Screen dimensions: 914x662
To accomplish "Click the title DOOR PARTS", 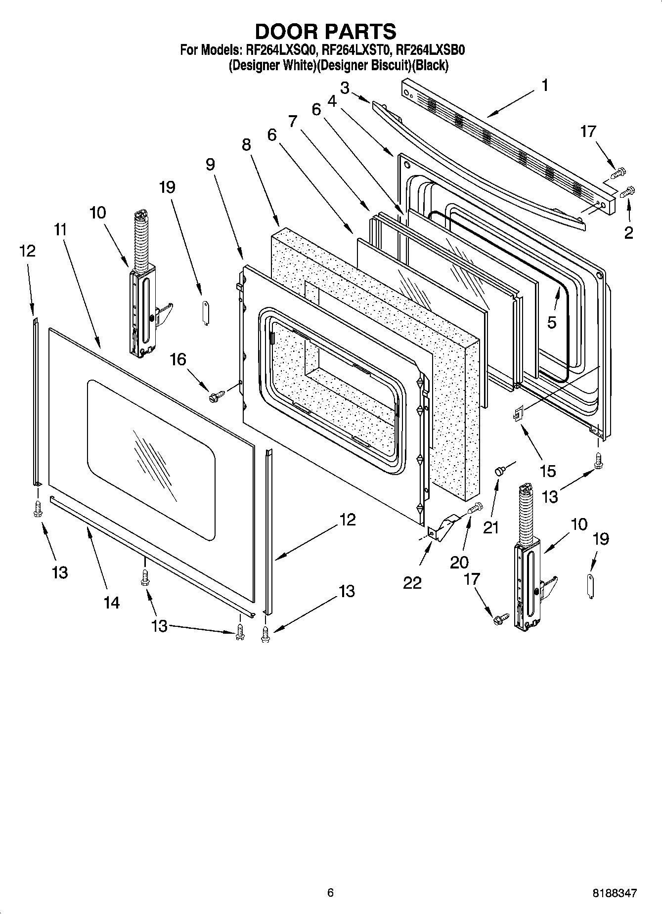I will (x=325, y=31).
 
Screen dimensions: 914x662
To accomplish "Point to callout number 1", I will (x=544, y=86).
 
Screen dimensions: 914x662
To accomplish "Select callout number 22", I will (x=412, y=582).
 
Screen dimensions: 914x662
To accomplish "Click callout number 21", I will (x=491, y=528).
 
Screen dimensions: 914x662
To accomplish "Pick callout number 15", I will (x=548, y=471).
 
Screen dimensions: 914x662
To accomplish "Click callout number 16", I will (x=178, y=359).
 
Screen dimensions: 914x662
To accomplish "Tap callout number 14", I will (x=112, y=602).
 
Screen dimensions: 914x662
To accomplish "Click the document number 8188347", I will (x=615, y=892).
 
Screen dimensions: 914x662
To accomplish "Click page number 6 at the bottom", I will (x=330, y=892).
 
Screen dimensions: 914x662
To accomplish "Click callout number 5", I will (x=552, y=322).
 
